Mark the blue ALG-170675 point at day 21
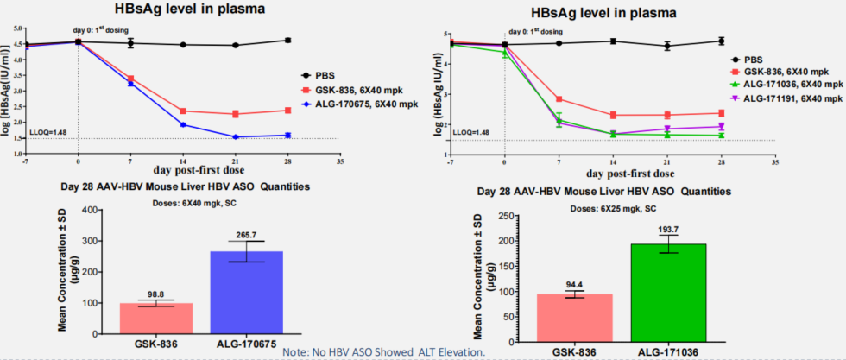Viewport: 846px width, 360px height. pos(236,136)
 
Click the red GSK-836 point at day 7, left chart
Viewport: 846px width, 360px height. pos(130,78)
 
